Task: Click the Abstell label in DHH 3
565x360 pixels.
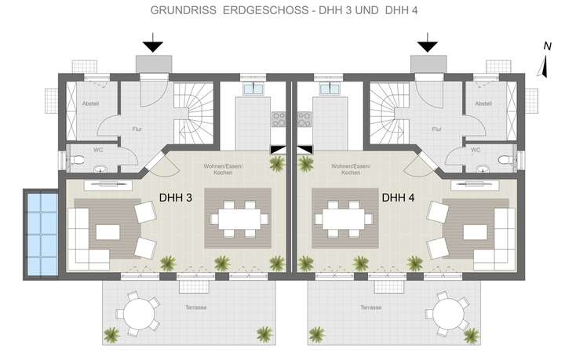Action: pos(90,104)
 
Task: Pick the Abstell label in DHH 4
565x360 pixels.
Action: pos(484,104)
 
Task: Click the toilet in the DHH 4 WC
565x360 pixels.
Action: pos(507,159)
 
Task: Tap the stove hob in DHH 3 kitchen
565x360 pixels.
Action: pos(279,118)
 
